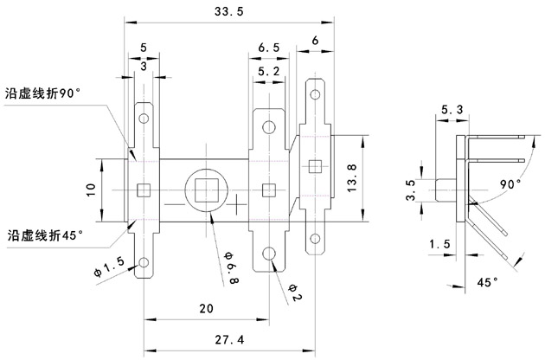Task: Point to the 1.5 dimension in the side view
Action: click(x=440, y=245)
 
